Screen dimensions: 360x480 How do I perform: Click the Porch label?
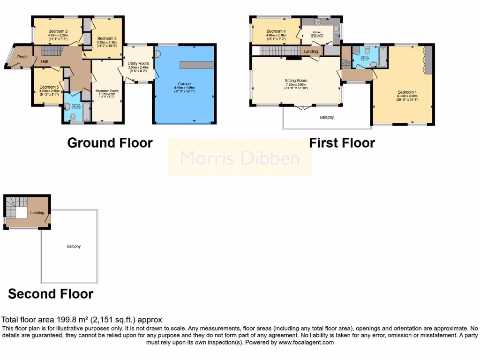pos(22,57)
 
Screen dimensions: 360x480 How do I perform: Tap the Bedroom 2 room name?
pos(58,31)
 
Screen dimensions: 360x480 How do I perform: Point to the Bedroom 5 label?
pos(49,87)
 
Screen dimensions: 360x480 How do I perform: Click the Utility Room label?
pos(138,63)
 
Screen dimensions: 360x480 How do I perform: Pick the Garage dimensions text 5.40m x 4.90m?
pos(184,88)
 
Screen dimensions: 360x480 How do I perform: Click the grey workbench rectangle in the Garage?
pos(197,65)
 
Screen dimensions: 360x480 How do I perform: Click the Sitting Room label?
pos(296,80)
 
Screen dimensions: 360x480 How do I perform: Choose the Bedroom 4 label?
pos(276,31)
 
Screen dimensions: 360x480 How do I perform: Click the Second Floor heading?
pos(51,294)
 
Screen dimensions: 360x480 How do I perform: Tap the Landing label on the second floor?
pos(37,213)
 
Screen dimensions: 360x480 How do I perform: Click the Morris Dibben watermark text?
pos(240,158)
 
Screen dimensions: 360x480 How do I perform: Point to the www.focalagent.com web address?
pos(306,343)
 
